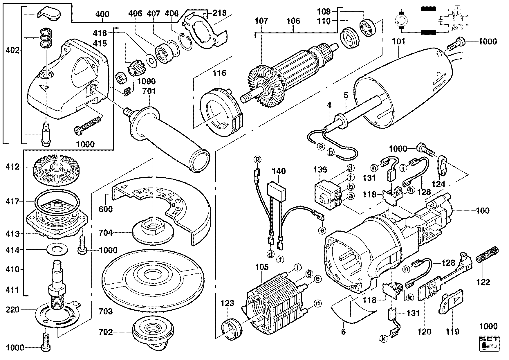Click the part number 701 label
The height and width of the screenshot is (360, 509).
point(149,91)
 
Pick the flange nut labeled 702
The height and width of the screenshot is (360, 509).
point(151,333)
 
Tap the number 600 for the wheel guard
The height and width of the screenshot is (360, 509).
point(106,209)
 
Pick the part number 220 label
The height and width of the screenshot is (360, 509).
point(13,310)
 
